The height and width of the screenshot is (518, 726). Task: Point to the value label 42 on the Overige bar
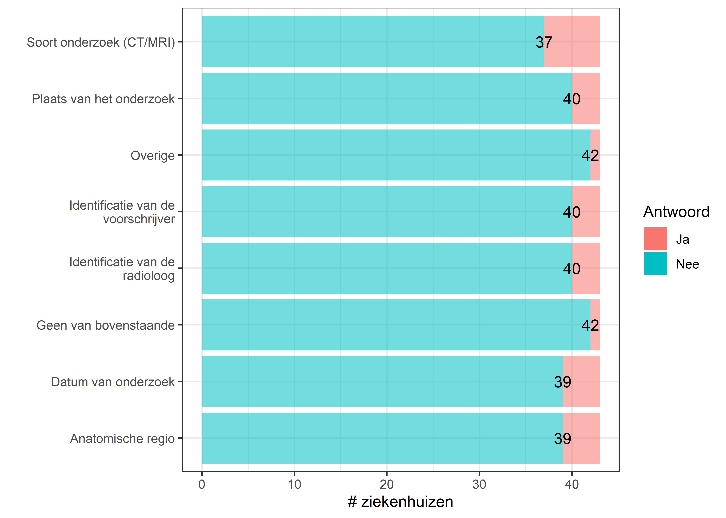(x=590, y=156)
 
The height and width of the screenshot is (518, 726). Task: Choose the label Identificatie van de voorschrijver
(x=122, y=212)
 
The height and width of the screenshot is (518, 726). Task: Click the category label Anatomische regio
(x=122, y=439)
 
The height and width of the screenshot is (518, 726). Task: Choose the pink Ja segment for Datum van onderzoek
(x=581, y=381)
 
